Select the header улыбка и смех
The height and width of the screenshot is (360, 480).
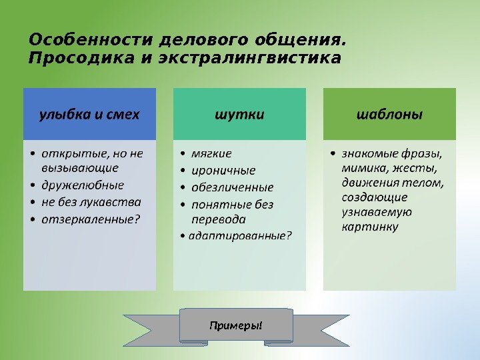pyautogui.click(x=89, y=114)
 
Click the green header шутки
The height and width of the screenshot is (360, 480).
pyautogui.click(x=239, y=114)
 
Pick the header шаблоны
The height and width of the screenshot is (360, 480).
pyautogui.click(x=389, y=114)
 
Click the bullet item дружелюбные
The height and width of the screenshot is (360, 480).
pyautogui.click(x=83, y=185)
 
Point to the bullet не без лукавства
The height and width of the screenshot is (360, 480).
pyautogui.click(x=91, y=201)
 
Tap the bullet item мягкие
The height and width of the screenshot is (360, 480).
pyautogui.click(x=211, y=154)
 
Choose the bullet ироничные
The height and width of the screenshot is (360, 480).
pyautogui.click(x=223, y=170)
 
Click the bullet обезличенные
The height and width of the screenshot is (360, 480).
pyautogui.click(x=233, y=187)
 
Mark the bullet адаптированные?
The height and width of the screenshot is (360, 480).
pyautogui.click(x=240, y=235)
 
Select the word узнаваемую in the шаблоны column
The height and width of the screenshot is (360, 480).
pyautogui.click(x=377, y=212)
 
